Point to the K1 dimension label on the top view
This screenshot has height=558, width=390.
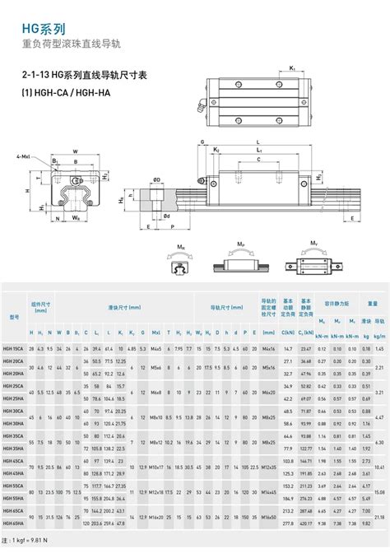point(291,67)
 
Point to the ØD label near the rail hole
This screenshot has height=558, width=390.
point(167,216)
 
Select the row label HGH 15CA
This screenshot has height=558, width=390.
point(14,349)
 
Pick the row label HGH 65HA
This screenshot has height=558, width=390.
point(14,522)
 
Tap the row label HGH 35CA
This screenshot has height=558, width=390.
point(14,434)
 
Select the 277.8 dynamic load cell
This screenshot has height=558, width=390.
point(288,522)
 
